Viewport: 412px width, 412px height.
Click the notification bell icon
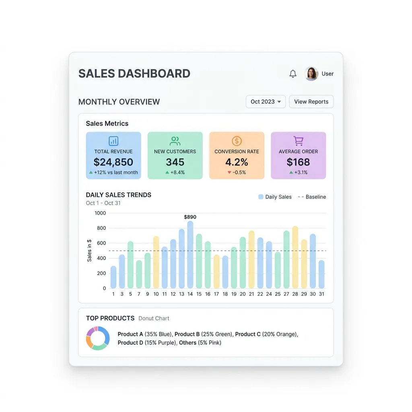click(x=293, y=74)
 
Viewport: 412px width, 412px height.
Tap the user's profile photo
click(x=311, y=74)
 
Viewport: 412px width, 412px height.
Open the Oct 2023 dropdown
click(x=266, y=102)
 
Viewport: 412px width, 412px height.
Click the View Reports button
click(x=311, y=102)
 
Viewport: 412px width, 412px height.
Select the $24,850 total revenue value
click(x=113, y=162)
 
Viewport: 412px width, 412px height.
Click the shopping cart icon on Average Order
click(x=298, y=141)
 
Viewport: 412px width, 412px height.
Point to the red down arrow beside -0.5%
click(x=229, y=172)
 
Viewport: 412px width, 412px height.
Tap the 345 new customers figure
click(x=175, y=162)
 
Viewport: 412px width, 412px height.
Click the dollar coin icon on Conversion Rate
click(x=237, y=141)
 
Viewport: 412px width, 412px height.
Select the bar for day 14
click(x=190, y=255)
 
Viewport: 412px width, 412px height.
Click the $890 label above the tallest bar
click(x=190, y=217)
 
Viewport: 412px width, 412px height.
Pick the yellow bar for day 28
click(x=295, y=257)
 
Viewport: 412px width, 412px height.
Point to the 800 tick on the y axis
click(x=101, y=228)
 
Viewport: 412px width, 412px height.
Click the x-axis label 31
click(x=321, y=294)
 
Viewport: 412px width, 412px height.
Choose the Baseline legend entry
click(x=312, y=197)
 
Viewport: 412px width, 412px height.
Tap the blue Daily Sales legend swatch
click(x=261, y=197)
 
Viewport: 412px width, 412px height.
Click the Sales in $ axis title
click(x=89, y=250)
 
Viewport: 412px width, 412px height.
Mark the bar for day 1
click(x=113, y=277)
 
